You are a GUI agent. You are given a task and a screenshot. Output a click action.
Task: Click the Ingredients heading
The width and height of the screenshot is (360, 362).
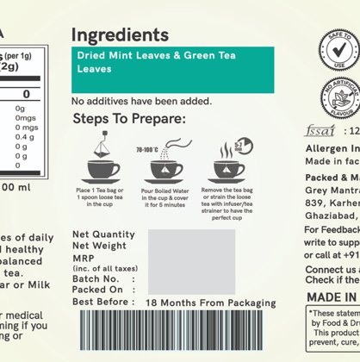point(120,35)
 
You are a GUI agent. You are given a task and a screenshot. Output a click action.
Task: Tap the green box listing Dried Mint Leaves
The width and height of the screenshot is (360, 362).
point(172,71)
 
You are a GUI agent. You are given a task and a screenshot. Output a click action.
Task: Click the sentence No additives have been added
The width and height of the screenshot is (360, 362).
point(141,101)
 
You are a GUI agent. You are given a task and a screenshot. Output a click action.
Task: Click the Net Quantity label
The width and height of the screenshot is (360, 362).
point(103,234)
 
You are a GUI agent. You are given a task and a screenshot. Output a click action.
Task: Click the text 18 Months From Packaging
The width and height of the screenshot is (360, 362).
point(211,303)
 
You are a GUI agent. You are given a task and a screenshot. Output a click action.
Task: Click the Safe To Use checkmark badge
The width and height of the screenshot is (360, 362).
point(339,49)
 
